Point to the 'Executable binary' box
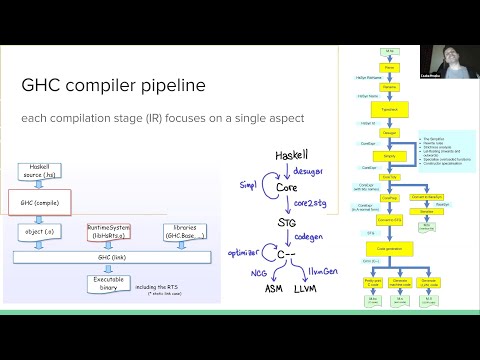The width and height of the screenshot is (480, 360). pyautogui.click(x=108, y=285)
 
